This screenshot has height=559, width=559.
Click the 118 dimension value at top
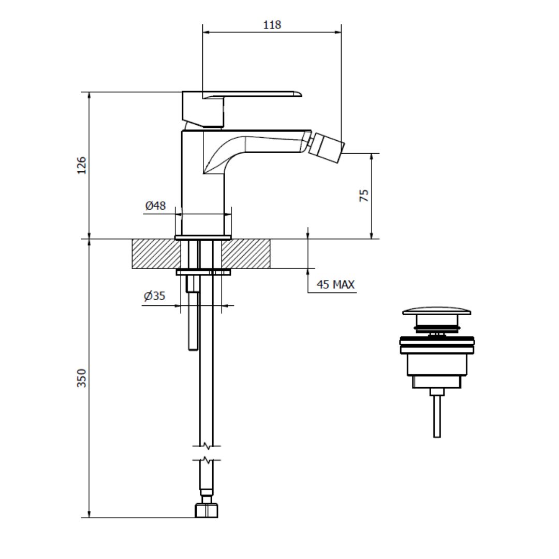click(x=272, y=25)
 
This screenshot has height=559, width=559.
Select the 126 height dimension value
click(x=82, y=166)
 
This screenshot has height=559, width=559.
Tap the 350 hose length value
click(x=82, y=378)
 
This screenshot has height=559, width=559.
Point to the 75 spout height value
click(x=364, y=195)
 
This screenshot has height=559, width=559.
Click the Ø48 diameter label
click(x=155, y=205)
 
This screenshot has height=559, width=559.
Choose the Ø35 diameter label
click(x=154, y=296)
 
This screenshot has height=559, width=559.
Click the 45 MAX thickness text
click(x=336, y=285)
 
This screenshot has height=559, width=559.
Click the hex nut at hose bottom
click(x=207, y=510)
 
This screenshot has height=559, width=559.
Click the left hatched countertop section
click(x=156, y=254)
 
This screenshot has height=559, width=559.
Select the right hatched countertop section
click(x=246, y=254)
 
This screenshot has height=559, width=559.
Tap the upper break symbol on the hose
click(x=207, y=446)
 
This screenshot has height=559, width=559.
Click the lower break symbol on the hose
click(x=207, y=460)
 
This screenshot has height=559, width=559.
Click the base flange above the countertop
click(x=203, y=238)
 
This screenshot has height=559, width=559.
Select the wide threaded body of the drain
click(x=437, y=345)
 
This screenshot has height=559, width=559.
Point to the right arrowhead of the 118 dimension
click(x=338, y=32)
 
